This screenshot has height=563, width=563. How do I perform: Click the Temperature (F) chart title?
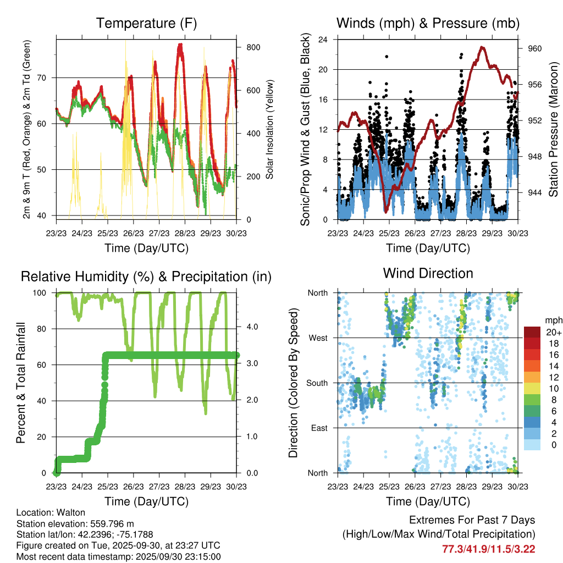click(146, 24)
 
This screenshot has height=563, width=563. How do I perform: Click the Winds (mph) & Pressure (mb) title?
click(428, 24)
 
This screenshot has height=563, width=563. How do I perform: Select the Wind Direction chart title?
click(428, 273)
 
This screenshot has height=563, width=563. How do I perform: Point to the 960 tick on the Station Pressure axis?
click(535, 48)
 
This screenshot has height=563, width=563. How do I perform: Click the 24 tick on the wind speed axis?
click(323, 40)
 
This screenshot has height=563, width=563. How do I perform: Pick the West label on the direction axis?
click(317, 338)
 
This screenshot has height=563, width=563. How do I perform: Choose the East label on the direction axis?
click(318, 428)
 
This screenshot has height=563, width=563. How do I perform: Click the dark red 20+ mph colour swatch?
click(532, 332)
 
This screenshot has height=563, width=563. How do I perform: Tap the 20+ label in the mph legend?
click(551, 332)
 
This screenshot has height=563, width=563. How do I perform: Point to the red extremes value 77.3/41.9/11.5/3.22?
click(489, 548)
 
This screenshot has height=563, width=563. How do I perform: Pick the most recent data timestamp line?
click(118, 556)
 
